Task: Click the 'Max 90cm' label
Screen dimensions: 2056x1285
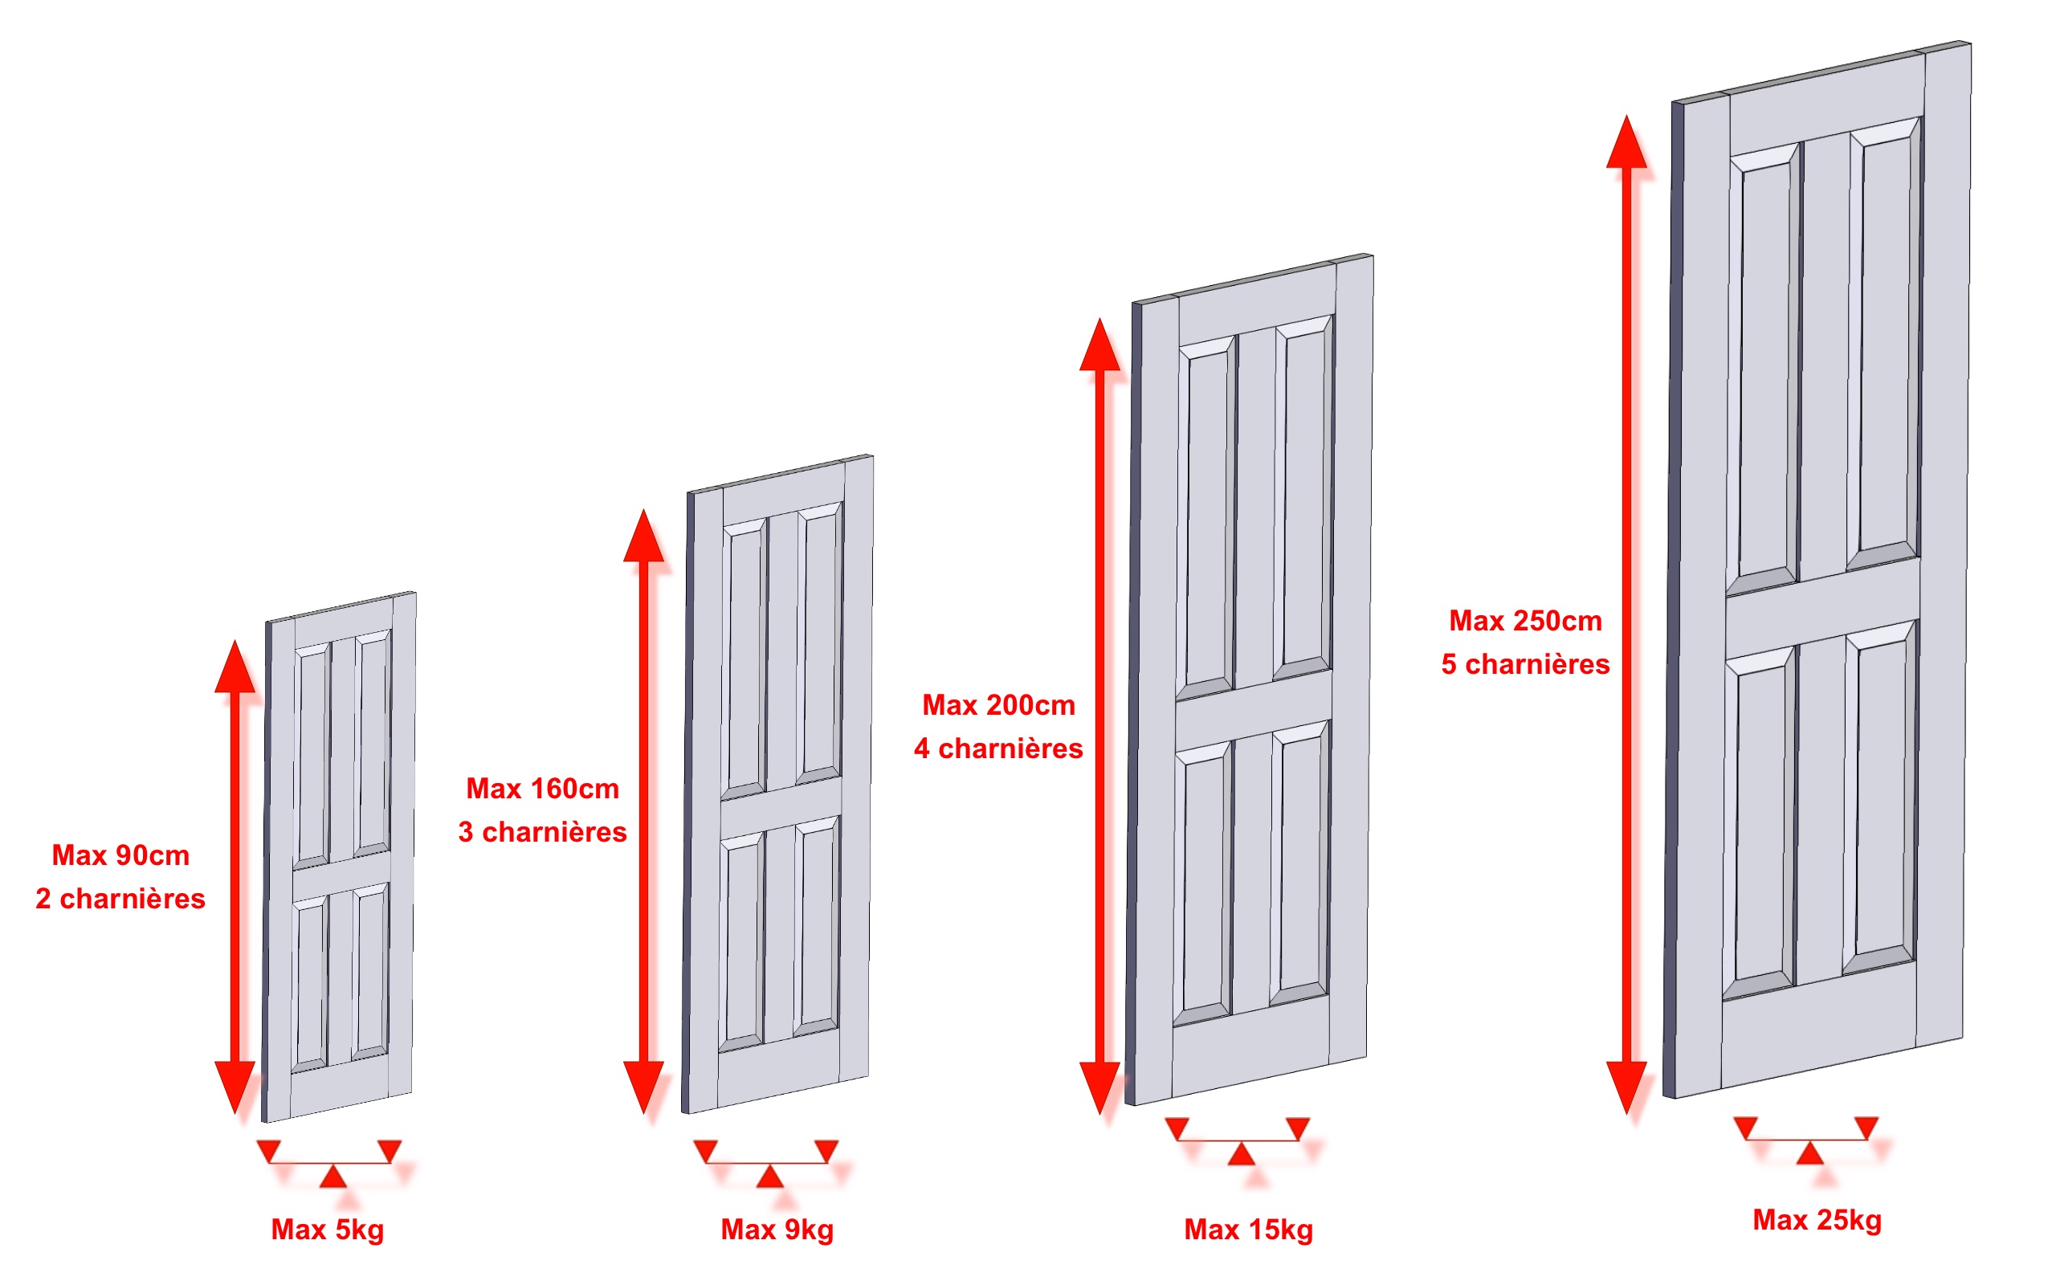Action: (120, 855)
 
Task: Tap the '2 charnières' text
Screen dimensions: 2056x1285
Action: (120, 899)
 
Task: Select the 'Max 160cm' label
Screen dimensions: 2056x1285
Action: (543, 789)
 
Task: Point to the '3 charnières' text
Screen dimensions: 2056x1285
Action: (543, 832)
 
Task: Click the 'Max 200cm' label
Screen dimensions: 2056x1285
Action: (999, 705)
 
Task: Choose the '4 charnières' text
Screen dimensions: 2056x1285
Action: (999, 749)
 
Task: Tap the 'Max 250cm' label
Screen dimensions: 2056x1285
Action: (1526, 622)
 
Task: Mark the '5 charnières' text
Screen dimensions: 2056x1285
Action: (1526, 665)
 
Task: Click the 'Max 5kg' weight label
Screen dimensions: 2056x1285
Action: (328, 1230)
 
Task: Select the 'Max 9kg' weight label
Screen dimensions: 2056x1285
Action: (777, 1230)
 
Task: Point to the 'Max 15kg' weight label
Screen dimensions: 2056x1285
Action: (1249, 1230)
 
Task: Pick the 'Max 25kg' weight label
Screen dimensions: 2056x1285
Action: (1817, 1221)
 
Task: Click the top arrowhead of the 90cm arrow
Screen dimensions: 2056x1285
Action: (235, 667)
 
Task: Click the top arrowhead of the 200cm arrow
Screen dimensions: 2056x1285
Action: (1100, 345)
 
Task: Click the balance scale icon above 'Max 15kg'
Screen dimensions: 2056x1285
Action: (1242, 1140)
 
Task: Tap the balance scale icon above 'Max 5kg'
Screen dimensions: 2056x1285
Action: (329, 1164)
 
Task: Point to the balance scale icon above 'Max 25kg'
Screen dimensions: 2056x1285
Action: (1809, 1140)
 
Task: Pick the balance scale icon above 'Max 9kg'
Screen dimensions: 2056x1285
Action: (766, 1164)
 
